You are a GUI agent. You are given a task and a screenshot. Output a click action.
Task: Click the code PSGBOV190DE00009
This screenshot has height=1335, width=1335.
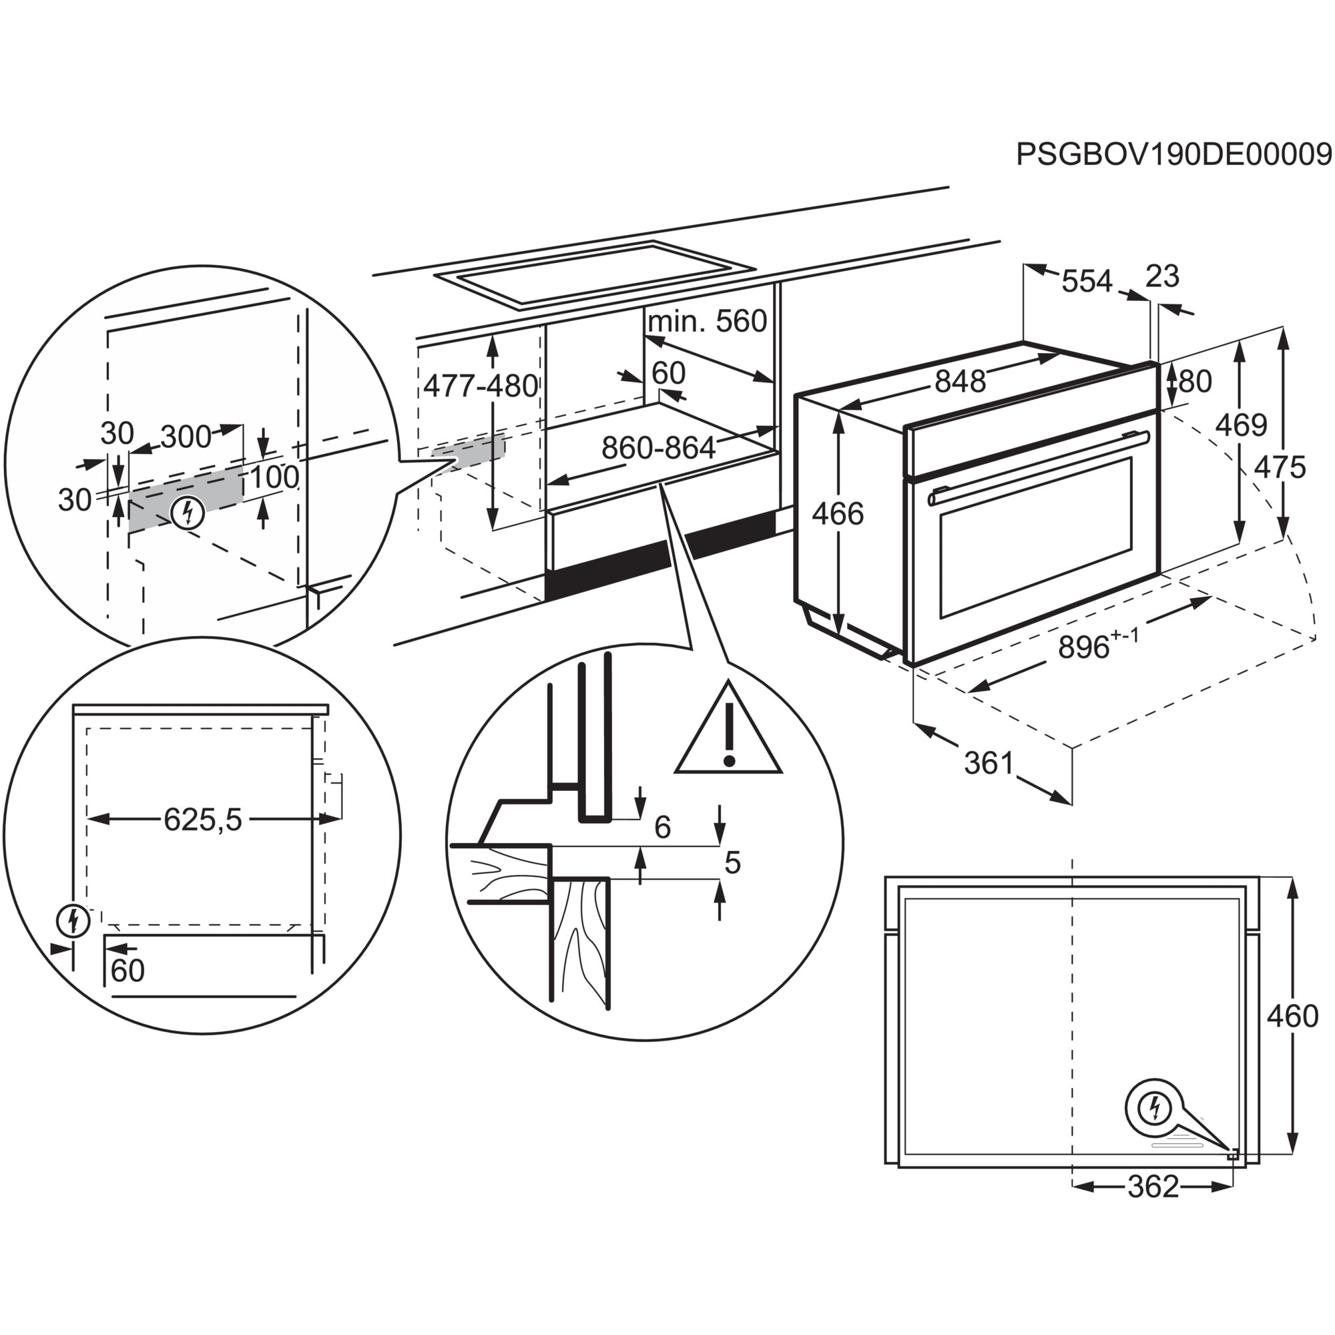(1173, 155)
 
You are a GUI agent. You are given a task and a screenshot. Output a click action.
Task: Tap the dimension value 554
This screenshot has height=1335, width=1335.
(1086, 282)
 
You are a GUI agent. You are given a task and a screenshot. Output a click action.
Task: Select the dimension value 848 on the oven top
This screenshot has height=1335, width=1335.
(960, 381)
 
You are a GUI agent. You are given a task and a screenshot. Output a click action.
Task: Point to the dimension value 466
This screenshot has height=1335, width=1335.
(838, 514)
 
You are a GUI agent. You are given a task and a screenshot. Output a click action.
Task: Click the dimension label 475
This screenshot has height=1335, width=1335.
(1280, 468)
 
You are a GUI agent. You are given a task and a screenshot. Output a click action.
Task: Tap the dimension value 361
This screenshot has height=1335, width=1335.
(989, 763)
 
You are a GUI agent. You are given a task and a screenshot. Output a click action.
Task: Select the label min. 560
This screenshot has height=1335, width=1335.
(707, 321)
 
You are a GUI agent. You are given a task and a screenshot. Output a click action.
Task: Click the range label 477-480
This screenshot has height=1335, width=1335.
(481, 386)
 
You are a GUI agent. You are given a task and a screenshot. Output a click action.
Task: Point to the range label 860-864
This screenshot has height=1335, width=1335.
(658, 449)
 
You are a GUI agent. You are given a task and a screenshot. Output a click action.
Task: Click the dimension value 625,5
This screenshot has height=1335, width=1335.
(203, 820)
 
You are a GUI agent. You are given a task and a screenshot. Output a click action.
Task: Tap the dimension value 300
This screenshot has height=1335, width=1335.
(186, 437)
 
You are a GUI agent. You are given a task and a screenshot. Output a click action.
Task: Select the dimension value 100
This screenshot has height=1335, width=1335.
(274, 477)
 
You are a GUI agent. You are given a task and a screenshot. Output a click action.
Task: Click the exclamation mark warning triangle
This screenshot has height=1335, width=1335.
(728, 733)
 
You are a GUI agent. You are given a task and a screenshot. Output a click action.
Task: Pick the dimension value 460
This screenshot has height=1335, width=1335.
(1293, 1017)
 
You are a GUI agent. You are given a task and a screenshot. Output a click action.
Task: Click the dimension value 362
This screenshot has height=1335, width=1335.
(1153, 1187)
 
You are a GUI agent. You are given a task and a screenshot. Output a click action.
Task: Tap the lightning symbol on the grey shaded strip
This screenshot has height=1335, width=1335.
(188, 513)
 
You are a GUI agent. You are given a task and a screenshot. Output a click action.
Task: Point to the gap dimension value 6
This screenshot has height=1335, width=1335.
(662, 827)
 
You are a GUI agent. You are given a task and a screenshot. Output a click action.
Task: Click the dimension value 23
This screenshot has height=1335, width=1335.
(1162, 276)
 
